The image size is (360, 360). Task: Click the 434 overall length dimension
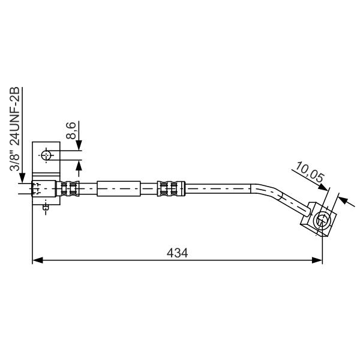click(177, 253)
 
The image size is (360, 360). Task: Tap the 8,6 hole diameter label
click(71, 131)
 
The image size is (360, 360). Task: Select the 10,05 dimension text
click(310, 172)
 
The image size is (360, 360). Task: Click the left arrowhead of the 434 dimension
click(37, 260)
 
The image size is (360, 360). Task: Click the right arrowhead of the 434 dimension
click(317, 260)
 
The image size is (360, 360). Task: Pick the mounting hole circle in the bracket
click(46, 155)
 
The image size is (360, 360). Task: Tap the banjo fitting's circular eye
click(322, 220)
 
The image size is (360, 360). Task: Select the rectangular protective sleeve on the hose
click(119, 188)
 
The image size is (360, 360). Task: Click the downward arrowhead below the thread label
click(22, 178)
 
